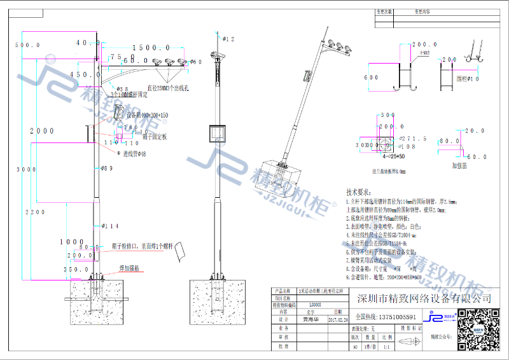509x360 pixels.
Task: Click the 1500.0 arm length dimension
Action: tap(151, 48)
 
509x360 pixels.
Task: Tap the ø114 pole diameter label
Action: tap(110, 226)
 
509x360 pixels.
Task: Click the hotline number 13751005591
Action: tap(388, 317)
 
